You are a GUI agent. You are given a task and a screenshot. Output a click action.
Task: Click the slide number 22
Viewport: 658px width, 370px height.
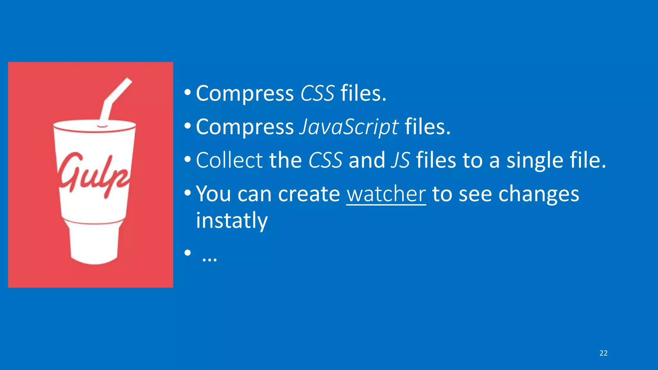click(x=603, y=353)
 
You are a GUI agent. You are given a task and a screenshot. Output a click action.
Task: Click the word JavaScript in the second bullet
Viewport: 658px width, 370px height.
click(x=349, y=127)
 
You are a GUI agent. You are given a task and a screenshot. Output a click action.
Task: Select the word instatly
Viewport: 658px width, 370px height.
click(x=232, y=221)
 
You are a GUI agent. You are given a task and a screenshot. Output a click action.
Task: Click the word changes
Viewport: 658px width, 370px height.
click(x=538, y=195)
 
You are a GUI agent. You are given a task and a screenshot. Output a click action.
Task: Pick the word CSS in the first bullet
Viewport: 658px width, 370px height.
click(x=317, y=93)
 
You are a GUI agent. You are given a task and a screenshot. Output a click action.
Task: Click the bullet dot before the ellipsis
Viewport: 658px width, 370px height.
click(x=188, y=253)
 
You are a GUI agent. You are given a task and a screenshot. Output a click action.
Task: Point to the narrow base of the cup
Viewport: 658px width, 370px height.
click(x=94, y=244)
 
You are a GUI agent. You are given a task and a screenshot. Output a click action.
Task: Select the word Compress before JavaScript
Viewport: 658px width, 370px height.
click(x=245, y=127)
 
